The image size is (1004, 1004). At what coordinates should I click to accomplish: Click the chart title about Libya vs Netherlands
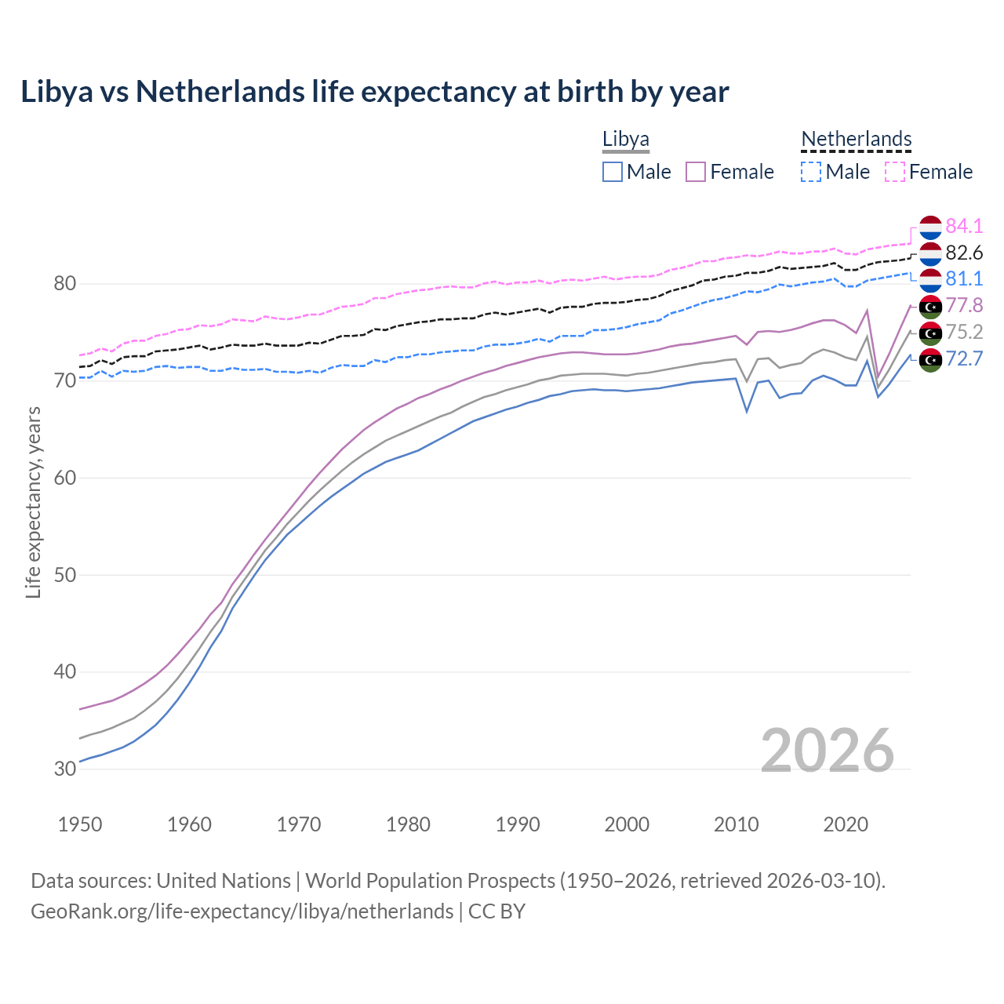[375, 92]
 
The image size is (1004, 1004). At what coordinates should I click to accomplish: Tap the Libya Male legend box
[613, 172]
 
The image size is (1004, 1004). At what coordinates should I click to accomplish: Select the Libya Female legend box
[696, 172]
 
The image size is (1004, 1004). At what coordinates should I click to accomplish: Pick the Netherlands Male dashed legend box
[811, 172]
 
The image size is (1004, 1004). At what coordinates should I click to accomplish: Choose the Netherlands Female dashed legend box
[895, 172]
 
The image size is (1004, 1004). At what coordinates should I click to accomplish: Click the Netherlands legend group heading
[857, 140]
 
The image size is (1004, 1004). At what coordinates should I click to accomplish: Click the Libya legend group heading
[626, 140]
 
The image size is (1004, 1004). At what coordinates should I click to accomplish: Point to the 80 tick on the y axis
[64, 284]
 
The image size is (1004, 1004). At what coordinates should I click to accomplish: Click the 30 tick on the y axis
[64, 769]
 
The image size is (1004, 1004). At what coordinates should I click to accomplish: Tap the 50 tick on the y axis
[64, 575]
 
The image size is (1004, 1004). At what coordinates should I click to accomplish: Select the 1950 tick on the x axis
[80, 824]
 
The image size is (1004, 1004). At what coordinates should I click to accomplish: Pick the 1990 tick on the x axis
[518, 824]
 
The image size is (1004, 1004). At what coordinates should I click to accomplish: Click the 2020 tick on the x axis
[846, 824]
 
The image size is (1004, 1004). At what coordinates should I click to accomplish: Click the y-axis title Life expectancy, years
[33, 502]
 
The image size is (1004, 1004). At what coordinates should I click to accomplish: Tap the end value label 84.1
[964, 226]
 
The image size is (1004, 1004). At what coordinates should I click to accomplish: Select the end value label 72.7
[964, 359]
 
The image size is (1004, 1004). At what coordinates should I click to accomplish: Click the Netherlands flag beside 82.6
[930, 253]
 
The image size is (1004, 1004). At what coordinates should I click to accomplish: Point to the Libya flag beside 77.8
[930, 306]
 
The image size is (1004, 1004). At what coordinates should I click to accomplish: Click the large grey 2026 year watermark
[828, 751]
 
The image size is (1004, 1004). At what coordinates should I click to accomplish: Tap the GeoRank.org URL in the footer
[242, 911]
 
